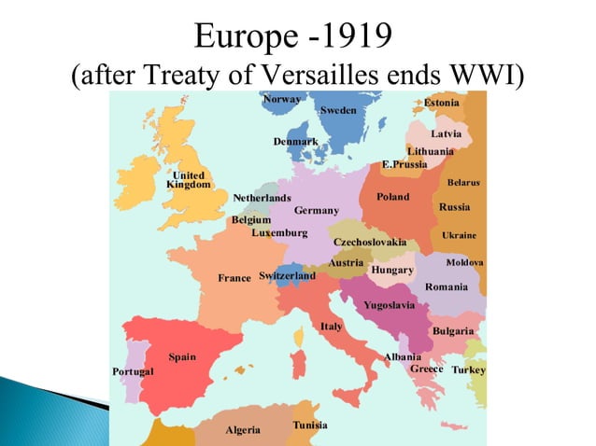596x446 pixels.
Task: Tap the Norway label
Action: coord(281,99)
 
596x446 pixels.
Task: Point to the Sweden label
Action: coord(337,110)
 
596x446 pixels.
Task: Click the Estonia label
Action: coord(442,102)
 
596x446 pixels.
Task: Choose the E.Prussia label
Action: coord(404,164)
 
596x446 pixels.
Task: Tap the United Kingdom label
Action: coord(188,180)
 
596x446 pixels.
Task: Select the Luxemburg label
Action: coord(279,232)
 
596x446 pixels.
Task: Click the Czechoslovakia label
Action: coord(370,243)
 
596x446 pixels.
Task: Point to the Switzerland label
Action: coord(287,276)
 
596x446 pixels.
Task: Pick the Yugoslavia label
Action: coord(390,305)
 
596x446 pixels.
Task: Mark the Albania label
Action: coord(403,357)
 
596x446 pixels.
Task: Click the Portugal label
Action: coord(133,371)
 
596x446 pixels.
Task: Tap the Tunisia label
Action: coord(309,425)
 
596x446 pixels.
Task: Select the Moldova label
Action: coord(464,262)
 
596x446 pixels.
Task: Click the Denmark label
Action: coord(295,142)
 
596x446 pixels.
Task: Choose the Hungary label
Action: coord(392,270)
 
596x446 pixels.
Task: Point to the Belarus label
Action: coord(463,183)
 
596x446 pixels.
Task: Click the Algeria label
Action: coord(243,430)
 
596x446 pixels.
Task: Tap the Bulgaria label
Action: coord(453,331)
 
